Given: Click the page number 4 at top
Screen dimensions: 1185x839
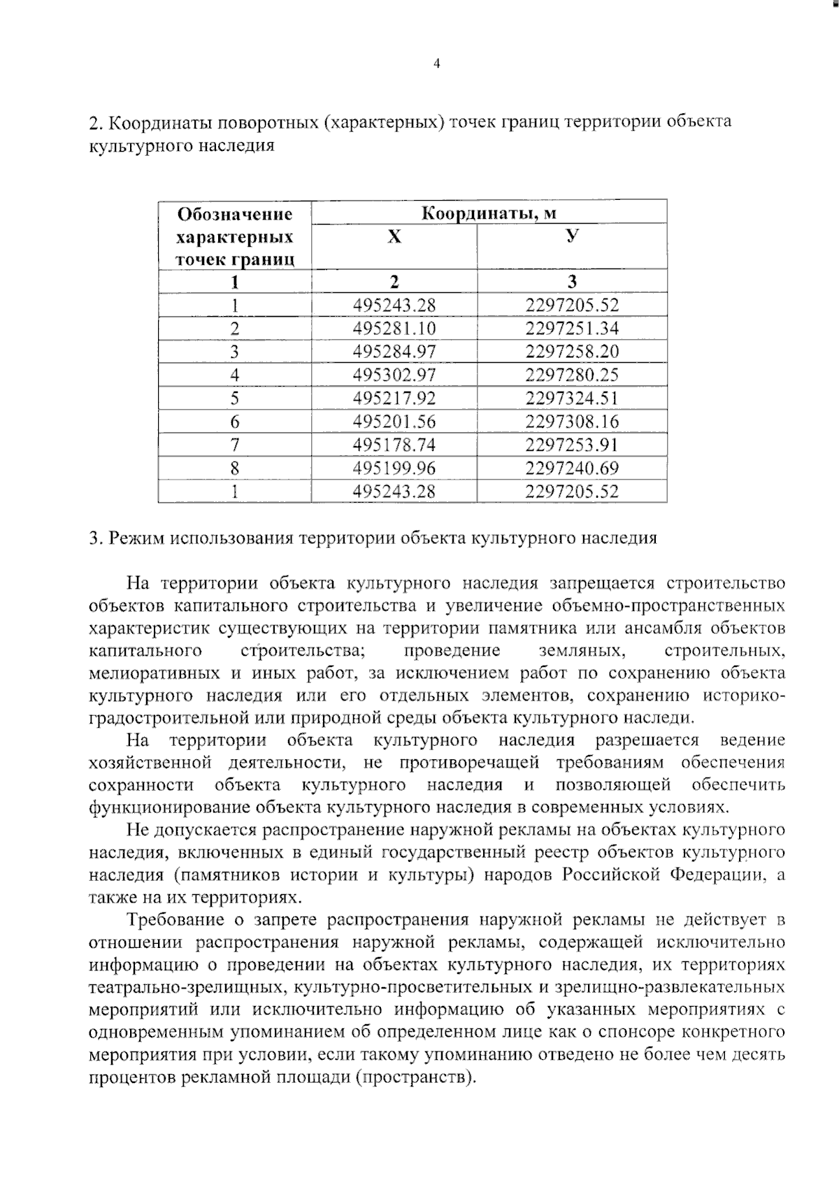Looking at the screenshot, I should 437,64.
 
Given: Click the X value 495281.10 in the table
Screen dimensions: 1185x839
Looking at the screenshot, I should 394,329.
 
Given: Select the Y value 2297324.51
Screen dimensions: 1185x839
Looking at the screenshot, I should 572,398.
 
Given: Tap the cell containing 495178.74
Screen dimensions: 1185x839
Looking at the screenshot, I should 394,445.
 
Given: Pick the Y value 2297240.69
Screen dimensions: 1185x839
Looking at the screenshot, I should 572,468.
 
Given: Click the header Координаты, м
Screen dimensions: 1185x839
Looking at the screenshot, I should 489,213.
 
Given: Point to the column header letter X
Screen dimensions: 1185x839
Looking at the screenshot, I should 394,237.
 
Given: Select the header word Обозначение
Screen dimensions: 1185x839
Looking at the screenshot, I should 234,214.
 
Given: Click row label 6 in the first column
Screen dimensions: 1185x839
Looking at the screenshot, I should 235,422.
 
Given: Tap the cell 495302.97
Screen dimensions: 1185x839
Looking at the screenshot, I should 394,375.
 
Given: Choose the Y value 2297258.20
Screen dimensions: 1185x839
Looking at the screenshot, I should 572,352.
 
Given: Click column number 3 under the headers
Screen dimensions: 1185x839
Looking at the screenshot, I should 572,282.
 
